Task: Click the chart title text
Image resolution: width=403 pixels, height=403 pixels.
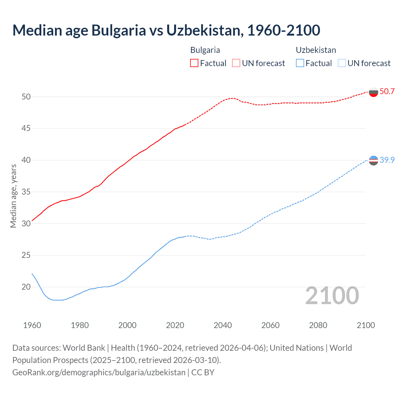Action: coord(166,30)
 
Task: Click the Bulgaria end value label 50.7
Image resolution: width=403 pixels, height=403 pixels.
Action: coord(387,92)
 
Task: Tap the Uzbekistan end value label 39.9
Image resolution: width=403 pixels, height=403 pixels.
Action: coord(387,160)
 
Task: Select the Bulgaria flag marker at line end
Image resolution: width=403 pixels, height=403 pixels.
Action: coord(373,92)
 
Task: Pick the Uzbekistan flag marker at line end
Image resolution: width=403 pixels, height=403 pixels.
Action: coord(373,161)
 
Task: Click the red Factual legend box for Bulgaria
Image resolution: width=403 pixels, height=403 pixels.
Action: coord(194,63)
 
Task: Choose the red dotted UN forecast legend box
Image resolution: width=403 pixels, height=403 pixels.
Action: coord(236,63)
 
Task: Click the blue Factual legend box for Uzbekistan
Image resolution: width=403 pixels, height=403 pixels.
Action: coord(300,63)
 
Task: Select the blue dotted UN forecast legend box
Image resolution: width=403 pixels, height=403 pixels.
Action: coord(342,63)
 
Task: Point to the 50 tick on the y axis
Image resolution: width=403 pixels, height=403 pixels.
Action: coord(26,97)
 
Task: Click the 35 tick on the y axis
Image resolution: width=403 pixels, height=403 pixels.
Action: coord(26,192)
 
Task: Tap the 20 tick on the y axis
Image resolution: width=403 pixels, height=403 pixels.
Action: coord(26,287)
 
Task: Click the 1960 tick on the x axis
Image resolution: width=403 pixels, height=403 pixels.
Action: coord(32,326)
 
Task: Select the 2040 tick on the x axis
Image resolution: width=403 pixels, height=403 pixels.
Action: coord(223,326)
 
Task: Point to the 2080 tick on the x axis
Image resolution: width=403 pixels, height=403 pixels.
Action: coord(318,326)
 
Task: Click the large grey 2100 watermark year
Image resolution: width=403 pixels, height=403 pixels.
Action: coord(332,296)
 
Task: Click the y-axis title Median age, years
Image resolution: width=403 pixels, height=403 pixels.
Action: coord(13,196)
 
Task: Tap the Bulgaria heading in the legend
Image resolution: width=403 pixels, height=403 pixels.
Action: coord(205,50)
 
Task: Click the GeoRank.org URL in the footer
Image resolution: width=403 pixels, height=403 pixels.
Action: coord(99,372)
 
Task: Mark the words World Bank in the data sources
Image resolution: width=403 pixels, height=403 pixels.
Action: coord(84,348)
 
